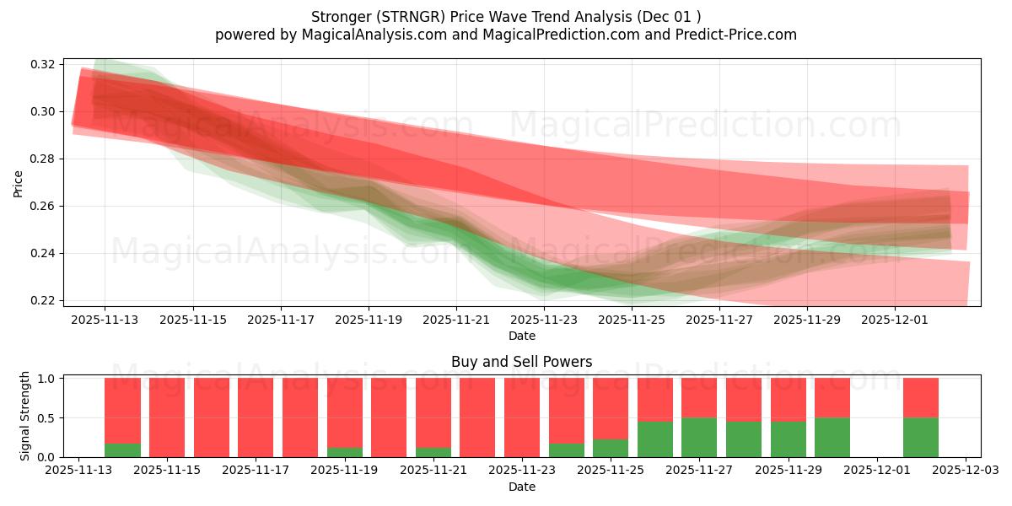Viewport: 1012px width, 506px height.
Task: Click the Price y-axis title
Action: (x=18, y=183)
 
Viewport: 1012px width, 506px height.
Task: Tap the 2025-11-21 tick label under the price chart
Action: (x=456, y=320)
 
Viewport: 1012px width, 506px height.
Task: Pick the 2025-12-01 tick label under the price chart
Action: (x=895, y=320)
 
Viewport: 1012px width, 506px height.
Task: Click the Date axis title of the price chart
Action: (x=521, y=336)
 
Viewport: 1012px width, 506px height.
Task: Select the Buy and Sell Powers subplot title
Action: (x=521, y=362)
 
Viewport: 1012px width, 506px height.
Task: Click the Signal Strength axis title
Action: (x=24, y=416)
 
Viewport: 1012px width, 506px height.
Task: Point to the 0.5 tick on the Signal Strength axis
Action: (x=47, y=417)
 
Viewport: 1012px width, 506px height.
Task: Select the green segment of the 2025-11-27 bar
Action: (x=699, y=438)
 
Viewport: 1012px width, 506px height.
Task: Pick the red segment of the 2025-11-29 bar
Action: (x=788, y=400)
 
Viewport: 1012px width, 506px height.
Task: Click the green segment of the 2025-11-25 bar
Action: (x=611, y=448)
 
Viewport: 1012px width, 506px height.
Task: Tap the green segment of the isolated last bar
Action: (x=921, y=438)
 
